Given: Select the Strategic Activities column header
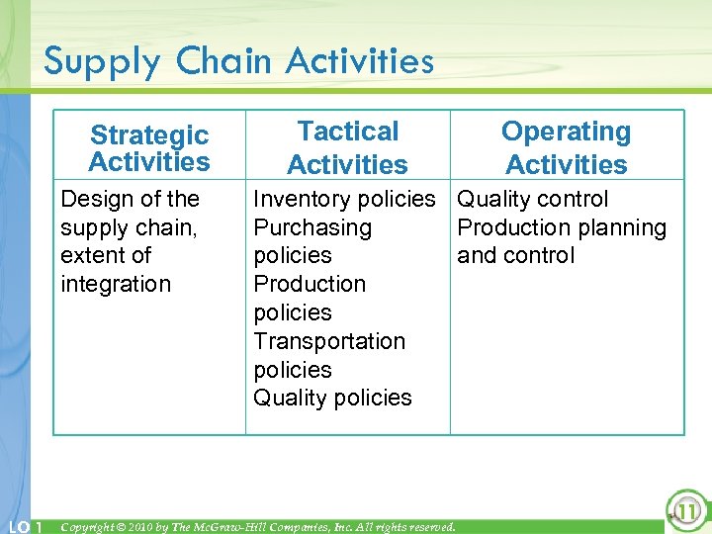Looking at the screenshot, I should click(149, 148).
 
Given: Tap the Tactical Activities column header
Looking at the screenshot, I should click(347, 148).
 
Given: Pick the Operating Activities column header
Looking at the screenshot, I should click(566, 148).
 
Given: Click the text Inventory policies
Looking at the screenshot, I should click(343, 199).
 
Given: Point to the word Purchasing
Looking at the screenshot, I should click(312, 227).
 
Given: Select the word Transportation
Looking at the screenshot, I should click(329, 341).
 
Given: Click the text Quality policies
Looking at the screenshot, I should click(332, 398).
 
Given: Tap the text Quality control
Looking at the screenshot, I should click(533, 199).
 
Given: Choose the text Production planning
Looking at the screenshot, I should click(562, 227).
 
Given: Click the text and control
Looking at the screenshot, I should click(515, 255).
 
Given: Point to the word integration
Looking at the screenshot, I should click(116, 284).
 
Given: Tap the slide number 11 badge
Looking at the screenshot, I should click(684, 510).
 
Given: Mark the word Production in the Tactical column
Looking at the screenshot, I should click(310, 284).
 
